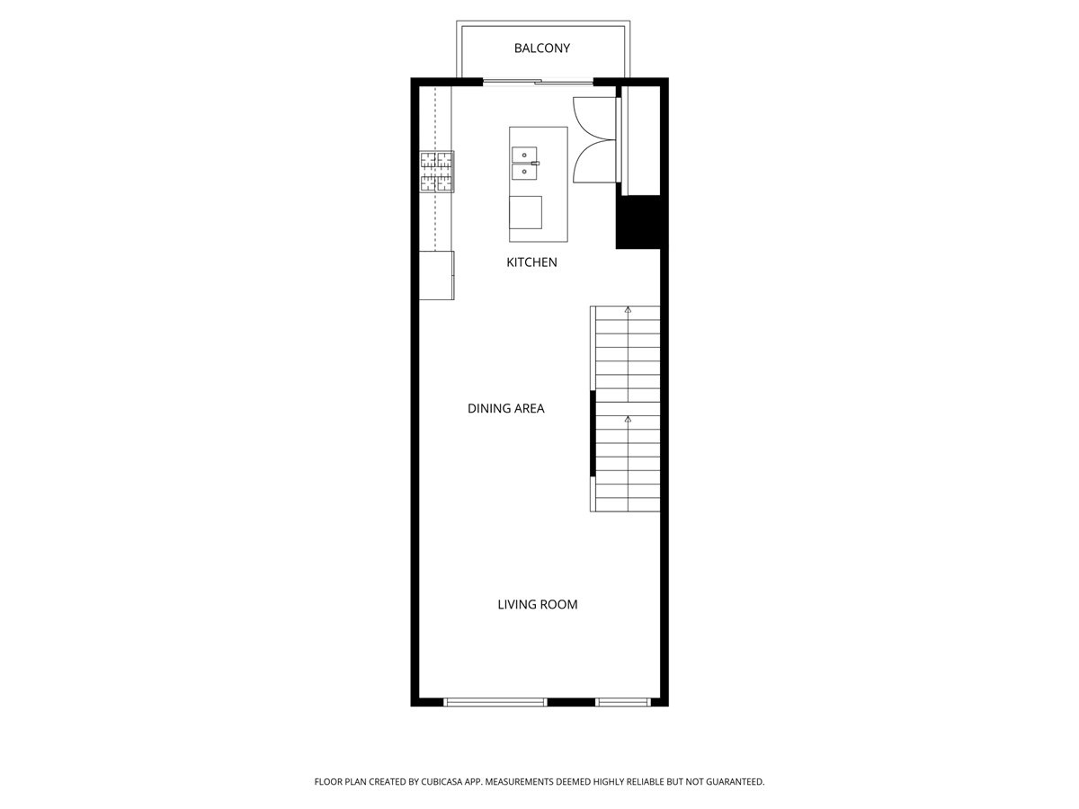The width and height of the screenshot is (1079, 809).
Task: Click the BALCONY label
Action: [x=541, y=49]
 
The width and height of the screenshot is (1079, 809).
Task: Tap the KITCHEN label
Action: [x=531, y=262]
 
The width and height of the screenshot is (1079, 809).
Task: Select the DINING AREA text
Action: [x=505, y=408]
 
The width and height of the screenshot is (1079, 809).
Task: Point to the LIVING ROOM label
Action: [x=537, y=604]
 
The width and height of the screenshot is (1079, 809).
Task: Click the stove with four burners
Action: [x=437, y=171]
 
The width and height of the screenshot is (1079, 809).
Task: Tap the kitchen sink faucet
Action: [x=533, y=164]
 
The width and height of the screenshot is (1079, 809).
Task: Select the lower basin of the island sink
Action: [x=522, y=171]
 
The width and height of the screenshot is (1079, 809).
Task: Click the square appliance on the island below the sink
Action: [x=525, y=212]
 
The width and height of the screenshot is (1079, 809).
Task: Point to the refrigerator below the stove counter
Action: [x=437, y=275]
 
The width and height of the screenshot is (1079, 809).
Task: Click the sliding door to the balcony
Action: [x=538, y=83]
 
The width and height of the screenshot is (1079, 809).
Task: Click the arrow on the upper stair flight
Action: [x=628, y=310]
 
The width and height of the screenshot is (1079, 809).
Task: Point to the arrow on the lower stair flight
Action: [x=628, y=419]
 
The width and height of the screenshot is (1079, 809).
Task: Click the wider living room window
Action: [x=495, y=701]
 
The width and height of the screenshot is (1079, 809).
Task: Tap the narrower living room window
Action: [x=622, y=701]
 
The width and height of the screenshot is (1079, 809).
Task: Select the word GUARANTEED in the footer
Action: [x=730, y=782]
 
